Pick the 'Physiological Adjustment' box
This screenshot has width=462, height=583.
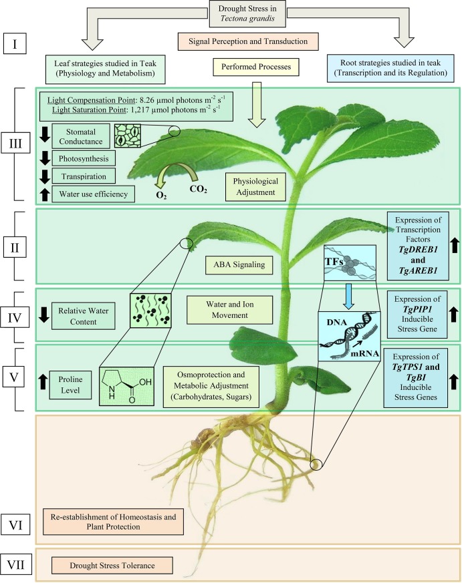click(x=256, y=186)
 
